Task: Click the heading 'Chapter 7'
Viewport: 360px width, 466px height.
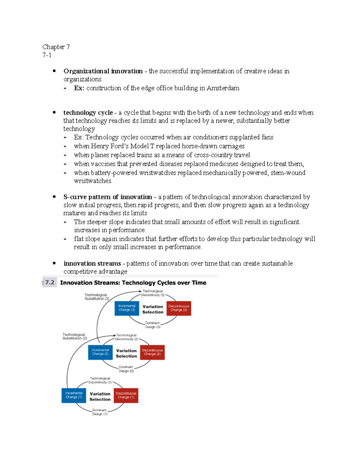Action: pyautogui.click(x=56, y=47)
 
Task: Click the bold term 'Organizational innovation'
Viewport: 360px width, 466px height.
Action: pyautogui.click(x=103, y=71)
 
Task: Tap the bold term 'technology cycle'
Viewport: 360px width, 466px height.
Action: pyautogui.click(x=88, y=113)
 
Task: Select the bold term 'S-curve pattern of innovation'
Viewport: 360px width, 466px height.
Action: pyautogui.click(x=108, y=197)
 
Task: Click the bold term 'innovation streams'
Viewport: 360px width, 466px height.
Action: pyautogui.click(x=92, y=263)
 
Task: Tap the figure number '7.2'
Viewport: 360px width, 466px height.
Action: pyautogui.click(x=49, y=282)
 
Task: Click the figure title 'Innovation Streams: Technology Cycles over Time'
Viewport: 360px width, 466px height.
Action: pyautogui.click(x=133, y=283)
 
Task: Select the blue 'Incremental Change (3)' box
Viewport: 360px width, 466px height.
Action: pyautogui.click(x=127, y=308)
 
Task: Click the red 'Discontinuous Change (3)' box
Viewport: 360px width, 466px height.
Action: pyautogui.click(x=179, y=308)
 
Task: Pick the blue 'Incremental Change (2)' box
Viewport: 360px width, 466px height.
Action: pyautogui.click(x=100, y=352)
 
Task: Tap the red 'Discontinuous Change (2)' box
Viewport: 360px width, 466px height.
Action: pyautogui.click(x=152, y=352)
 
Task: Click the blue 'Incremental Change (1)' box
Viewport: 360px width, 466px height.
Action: pyautogui.click(x=74, y=395)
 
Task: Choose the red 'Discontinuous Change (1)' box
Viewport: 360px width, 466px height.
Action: pyautogui.click(x=126, y=395)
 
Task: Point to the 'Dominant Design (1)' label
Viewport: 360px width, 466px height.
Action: pyautogui.click(x=100, y=412)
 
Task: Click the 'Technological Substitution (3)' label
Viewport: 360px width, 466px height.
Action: pyautogui.click(x=97, y=297)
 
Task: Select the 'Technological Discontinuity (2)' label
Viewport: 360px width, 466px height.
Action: pyautogui.click(x=126, y=337)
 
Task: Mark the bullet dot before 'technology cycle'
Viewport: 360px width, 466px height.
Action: pyautogui.click(x=54, y=112)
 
